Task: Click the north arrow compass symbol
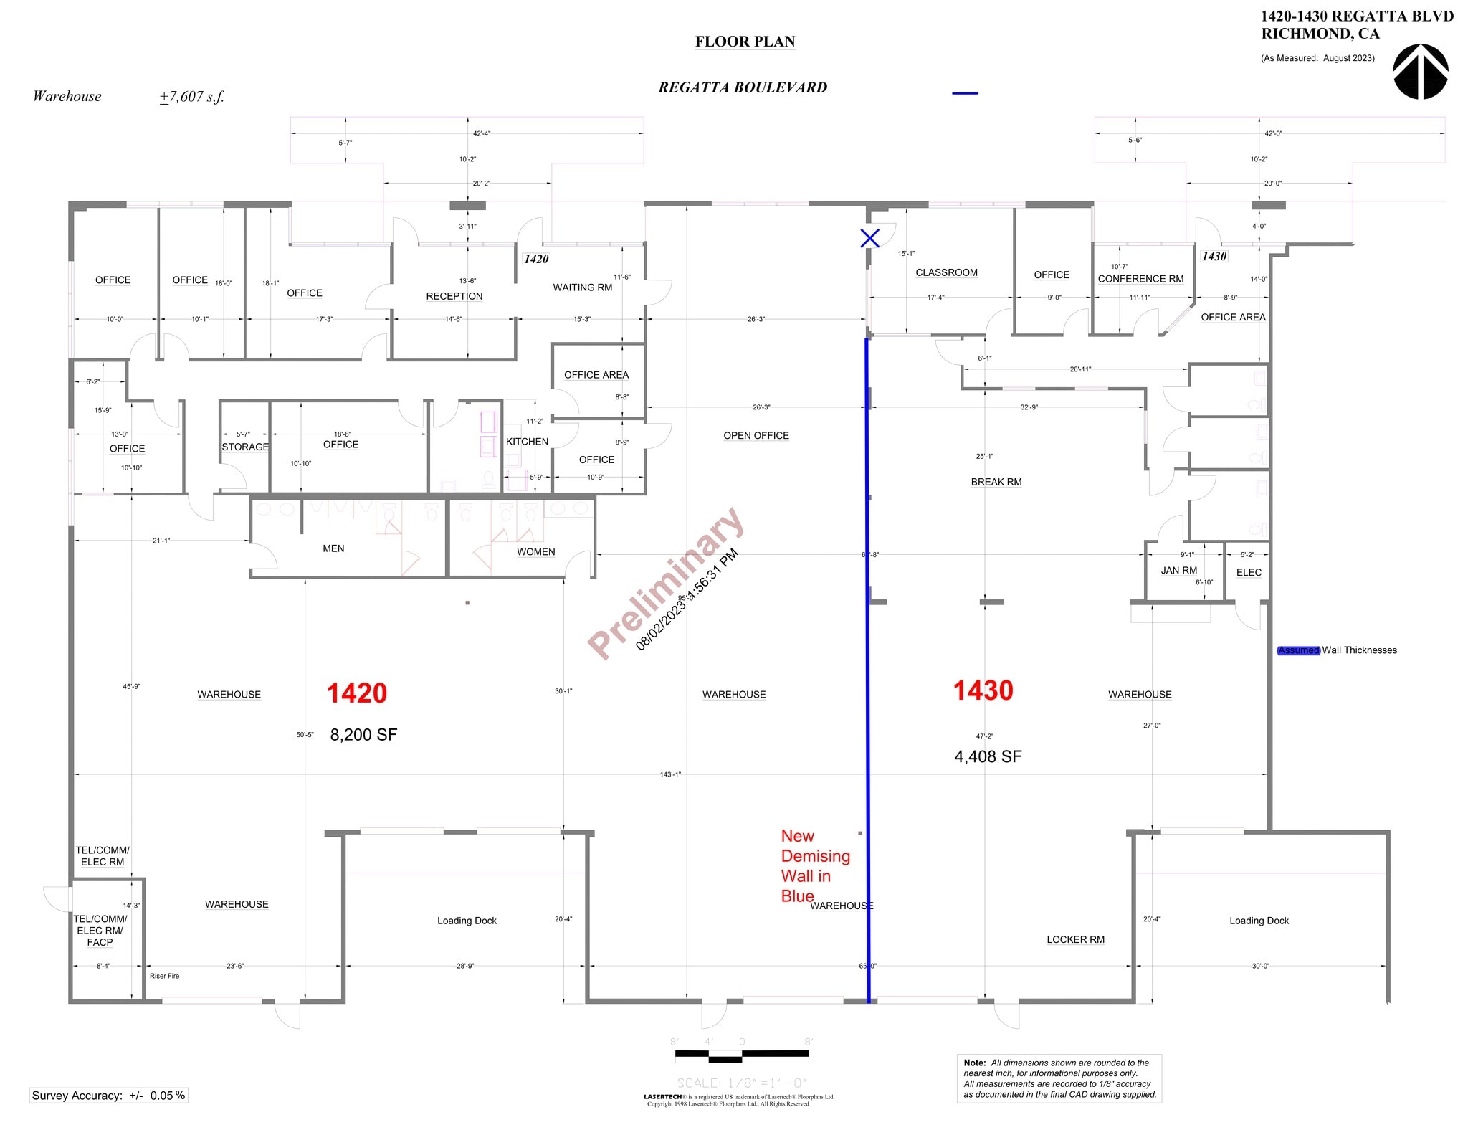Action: coord(1420,72)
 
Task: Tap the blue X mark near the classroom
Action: coord(869,238)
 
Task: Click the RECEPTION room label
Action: coord(454,296)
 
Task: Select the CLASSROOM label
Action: coord(946,272)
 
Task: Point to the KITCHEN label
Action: coord(527,442)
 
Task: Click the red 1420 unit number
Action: coord(356,693)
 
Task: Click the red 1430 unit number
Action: coord(983,690)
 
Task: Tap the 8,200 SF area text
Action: coord(363,734)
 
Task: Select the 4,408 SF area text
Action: coord(988,756)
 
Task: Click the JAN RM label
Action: coord(1178,570)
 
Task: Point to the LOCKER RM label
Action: coord(1075,939)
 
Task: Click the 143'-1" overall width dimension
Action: coord(670,774)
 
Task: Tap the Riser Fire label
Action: coord(164,976)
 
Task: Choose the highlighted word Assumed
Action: coord(1298,650)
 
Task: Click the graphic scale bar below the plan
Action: coord(742,1055)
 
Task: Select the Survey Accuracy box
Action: coord(108,1095)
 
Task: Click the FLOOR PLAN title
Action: coord(745,42)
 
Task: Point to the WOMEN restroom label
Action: coord(535,551)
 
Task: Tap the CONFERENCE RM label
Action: coord(1140,279)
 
